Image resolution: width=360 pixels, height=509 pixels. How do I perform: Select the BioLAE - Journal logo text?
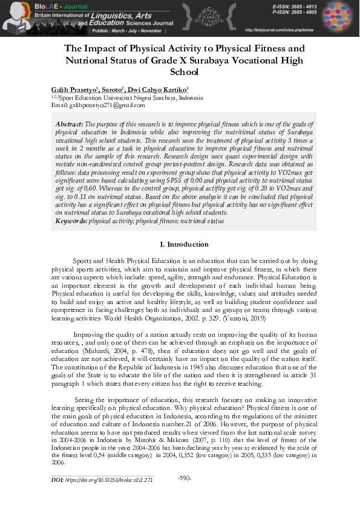click(24, 6)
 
